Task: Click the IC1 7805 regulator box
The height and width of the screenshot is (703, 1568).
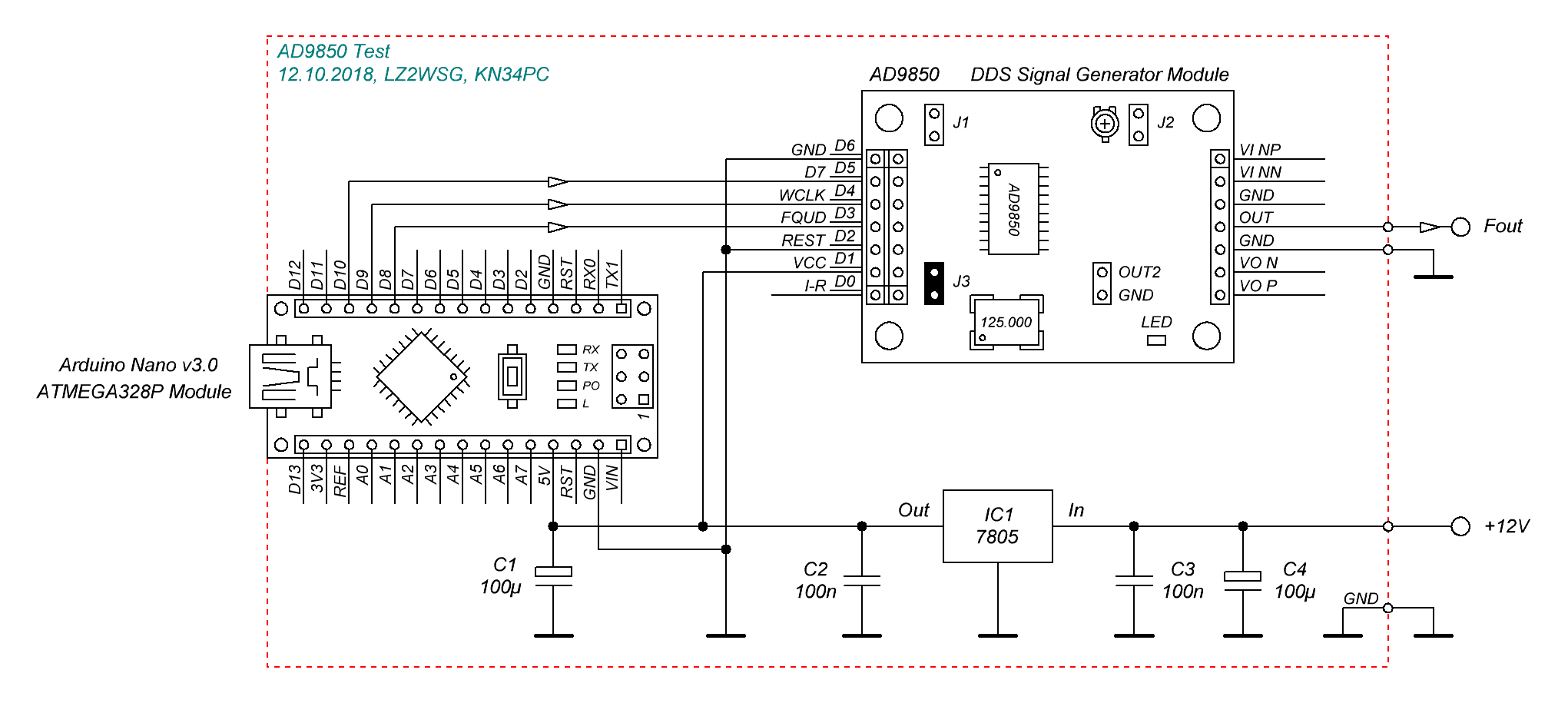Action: [x=997, y=526]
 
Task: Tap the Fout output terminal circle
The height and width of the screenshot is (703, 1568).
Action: [x=1460, y=227]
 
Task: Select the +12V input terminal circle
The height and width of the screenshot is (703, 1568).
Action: [x=1460, y=526]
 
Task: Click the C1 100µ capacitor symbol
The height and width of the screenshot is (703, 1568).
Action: [x=553, y=577]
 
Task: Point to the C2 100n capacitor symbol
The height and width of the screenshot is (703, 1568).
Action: [x=862, y=581]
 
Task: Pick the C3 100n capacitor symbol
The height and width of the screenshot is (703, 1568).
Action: [x=1134, y=581]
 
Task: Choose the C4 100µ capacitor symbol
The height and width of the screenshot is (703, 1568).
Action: [x=1242, y=581]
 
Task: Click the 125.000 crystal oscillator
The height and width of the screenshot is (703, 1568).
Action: [x=1006, y=322]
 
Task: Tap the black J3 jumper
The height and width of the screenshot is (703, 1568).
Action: [x=934, y=284]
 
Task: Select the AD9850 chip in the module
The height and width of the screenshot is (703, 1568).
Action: [x=1013, y=208]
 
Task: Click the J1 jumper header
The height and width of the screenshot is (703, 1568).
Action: [x=934, y=125]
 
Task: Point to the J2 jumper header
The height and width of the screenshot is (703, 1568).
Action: [x=1139, y=125]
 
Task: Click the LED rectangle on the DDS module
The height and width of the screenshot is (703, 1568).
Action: [x=1156, y=340]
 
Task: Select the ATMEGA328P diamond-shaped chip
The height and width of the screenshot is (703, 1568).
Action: [x=421, y=376]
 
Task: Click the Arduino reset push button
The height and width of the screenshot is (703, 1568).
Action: [x=512, y=376]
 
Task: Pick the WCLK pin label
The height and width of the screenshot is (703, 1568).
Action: [x=801, y=195]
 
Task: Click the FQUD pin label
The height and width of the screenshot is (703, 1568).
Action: [x=803, y=217]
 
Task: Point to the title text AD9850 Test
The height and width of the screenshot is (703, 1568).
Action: [x=333, y=51]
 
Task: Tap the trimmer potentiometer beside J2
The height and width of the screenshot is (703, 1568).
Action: [x=1106, y=123]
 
